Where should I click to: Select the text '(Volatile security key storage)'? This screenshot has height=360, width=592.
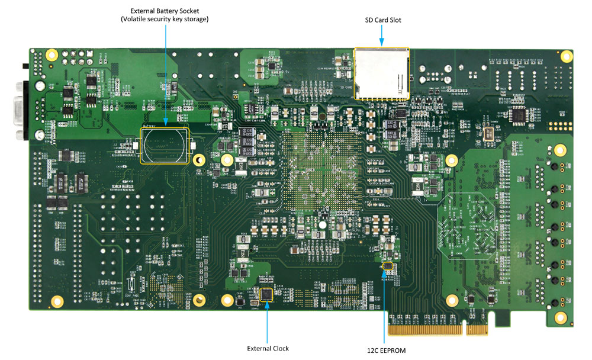[x=165, y=20]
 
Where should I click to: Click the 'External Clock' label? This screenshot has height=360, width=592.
[x=268, y=348]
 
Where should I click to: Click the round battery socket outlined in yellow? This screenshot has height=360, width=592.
[x=165, y=145]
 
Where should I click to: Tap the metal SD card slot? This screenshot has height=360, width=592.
[x=381, y=73]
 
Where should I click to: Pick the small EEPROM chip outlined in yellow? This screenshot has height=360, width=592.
[x=387, y=267]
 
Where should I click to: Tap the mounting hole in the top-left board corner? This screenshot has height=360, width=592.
[x=52, y=56]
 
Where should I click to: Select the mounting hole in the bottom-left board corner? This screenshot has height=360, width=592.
[x=57, y=301]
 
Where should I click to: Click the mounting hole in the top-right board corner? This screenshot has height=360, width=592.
[x=567, y=56]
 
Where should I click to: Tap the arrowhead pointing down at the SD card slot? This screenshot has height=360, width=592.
[x=382, y=42]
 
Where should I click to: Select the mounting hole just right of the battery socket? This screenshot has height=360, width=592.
[x=199, y=160]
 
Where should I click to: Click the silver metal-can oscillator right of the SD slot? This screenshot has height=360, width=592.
[x=490, y=133]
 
